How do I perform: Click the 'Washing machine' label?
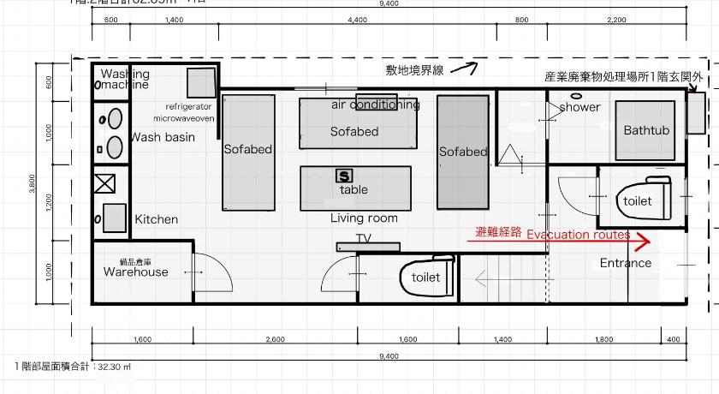click(123, 80)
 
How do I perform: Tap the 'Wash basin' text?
click(163, 137)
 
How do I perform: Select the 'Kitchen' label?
click(157, 219)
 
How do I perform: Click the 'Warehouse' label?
click(136, 272)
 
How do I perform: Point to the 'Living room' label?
click(364, 218)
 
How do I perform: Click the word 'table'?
click(354, 189)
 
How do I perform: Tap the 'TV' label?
click(364, 238)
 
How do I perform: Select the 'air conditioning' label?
click(376, 105)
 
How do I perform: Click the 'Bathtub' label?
click(646, 131)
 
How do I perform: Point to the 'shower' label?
click(580, 107)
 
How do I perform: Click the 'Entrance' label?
click(625, 263)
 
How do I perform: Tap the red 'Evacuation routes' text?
click(578, 235)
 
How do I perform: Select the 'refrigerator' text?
click(182, 104)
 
